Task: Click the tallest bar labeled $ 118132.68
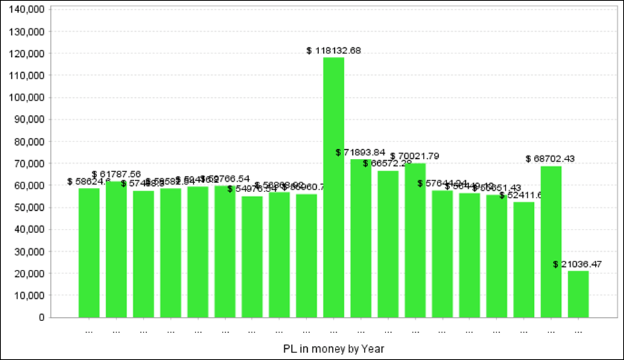[333, 187]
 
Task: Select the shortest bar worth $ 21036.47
[578, 294]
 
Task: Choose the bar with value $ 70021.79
[415, 240]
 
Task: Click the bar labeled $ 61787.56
[116, 249]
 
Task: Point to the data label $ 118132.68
[334, 51]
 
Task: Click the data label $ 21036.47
[578, 264]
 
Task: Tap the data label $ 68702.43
[551, 159]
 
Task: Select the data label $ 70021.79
[415, 156]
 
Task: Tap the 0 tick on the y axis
[42, 318]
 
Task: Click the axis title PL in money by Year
[333, 348]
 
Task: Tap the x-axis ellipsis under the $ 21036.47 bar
[578, 331]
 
